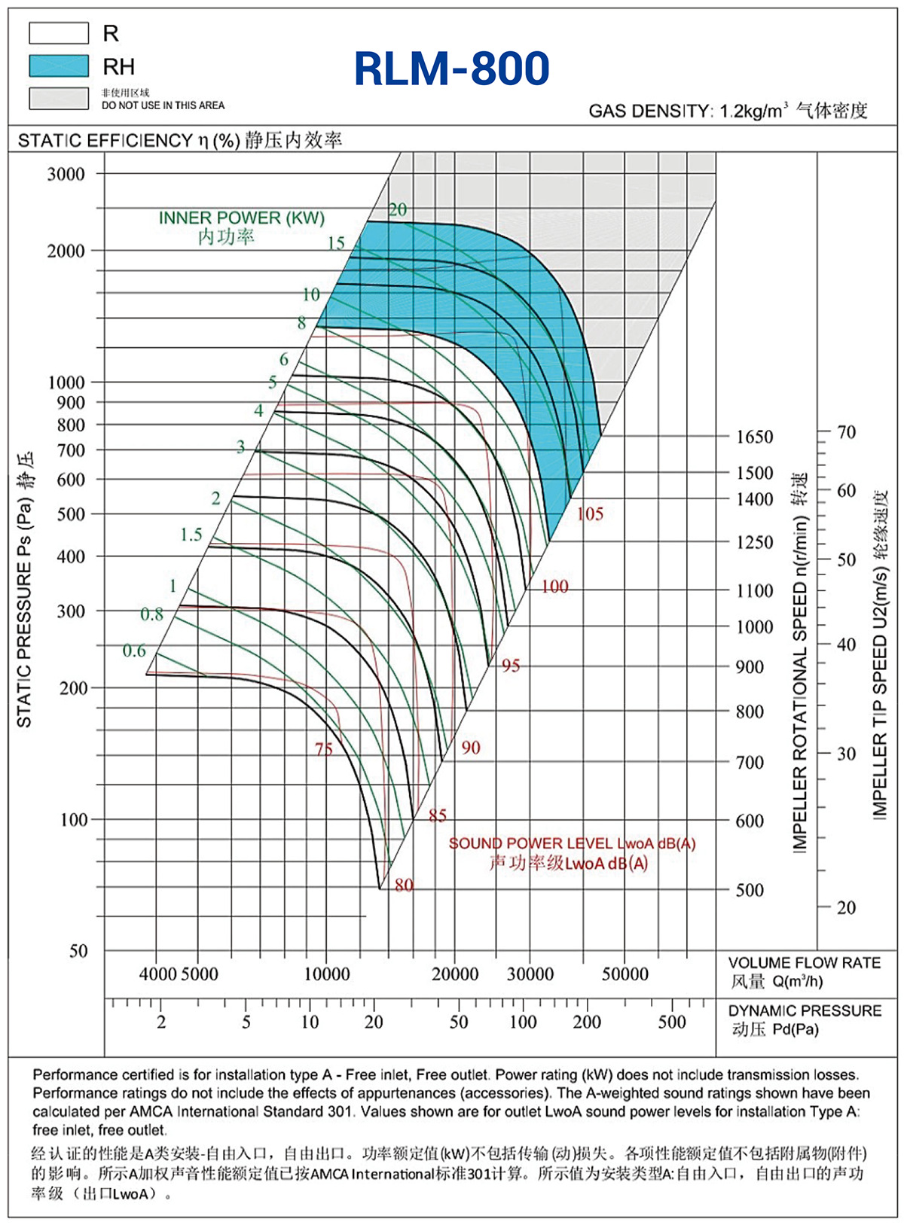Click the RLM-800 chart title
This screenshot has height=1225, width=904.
452,69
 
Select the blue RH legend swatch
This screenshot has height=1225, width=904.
59,66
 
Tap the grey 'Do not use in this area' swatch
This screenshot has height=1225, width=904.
59,99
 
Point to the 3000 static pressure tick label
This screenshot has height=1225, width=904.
66,174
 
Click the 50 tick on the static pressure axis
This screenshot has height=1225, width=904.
78,950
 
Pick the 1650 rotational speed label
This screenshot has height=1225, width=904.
755,437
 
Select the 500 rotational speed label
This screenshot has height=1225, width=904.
750,890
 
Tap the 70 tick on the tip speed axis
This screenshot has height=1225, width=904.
846,432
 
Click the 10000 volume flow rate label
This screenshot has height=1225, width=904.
327,974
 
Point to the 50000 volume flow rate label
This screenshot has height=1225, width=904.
625,974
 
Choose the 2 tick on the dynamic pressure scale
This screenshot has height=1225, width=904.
161,1022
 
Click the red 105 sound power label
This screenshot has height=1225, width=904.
590,514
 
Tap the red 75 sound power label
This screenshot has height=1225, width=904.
323,748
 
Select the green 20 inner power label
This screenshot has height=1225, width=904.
398,209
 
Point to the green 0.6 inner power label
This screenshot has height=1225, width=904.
134,651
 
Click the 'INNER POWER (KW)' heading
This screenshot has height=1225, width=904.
241,218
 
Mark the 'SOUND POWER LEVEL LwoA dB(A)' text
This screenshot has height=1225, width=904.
572,843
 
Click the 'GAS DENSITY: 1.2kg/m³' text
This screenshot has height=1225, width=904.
688,111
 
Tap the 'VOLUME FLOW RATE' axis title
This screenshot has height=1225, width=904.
805,962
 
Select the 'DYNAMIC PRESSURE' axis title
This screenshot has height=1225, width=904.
805,1010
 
